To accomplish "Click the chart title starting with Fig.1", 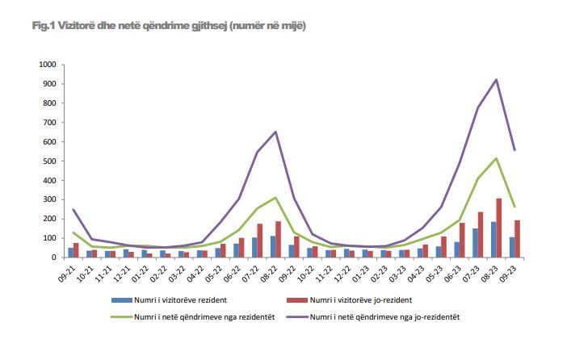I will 169,27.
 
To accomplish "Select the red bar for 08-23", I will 500,228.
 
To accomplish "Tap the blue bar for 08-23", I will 493,240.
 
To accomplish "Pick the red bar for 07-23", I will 481,235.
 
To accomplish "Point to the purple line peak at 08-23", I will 496,79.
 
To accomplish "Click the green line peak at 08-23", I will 496,158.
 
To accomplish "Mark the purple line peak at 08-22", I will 276,132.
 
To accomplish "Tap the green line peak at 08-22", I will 276,198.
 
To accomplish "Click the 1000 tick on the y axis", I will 47,65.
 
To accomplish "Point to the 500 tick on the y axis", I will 49,161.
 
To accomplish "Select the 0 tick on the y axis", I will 53,257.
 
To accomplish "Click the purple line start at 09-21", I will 73,210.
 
